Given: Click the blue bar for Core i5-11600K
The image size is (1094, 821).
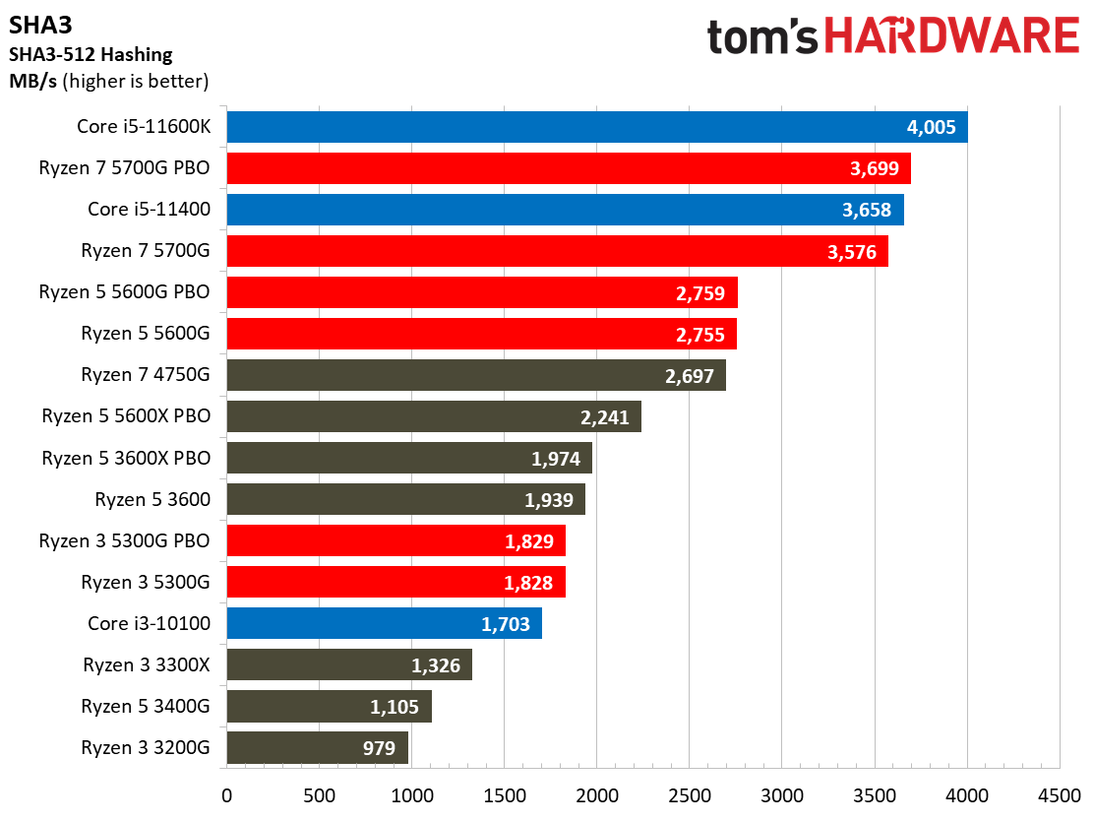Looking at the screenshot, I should tap(596, 127).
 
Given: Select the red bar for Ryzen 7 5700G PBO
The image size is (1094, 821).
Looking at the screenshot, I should tap(568, 168).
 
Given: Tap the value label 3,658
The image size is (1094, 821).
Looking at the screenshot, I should tap(871, 210).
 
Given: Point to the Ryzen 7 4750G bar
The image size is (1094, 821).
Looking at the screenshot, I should tap(475, 375).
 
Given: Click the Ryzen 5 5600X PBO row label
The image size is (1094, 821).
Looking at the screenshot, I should tap(126, 416).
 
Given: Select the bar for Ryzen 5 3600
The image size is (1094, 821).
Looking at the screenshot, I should tap(405, 499).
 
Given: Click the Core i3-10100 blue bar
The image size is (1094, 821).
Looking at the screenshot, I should tap(384, 623).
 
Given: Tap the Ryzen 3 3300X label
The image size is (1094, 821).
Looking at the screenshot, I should tap(147, 664).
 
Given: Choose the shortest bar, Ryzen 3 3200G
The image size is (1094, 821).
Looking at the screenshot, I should tap(317, 747).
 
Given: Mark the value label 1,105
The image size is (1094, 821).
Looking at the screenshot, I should tap(395, 706).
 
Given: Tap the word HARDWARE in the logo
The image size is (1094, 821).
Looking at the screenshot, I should tap(950, 37).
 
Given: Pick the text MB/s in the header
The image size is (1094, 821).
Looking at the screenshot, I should tap(32, 82).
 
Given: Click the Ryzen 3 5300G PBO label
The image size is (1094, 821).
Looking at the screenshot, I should tap(125, 540).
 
